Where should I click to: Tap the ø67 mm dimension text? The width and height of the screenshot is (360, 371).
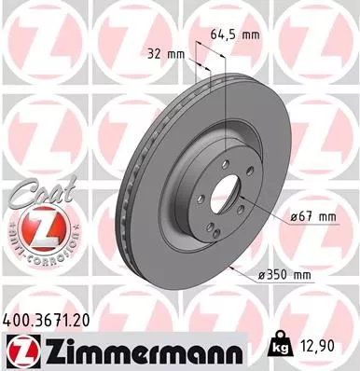coord(311,216)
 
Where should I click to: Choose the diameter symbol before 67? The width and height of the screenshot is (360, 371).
coord(291,216)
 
